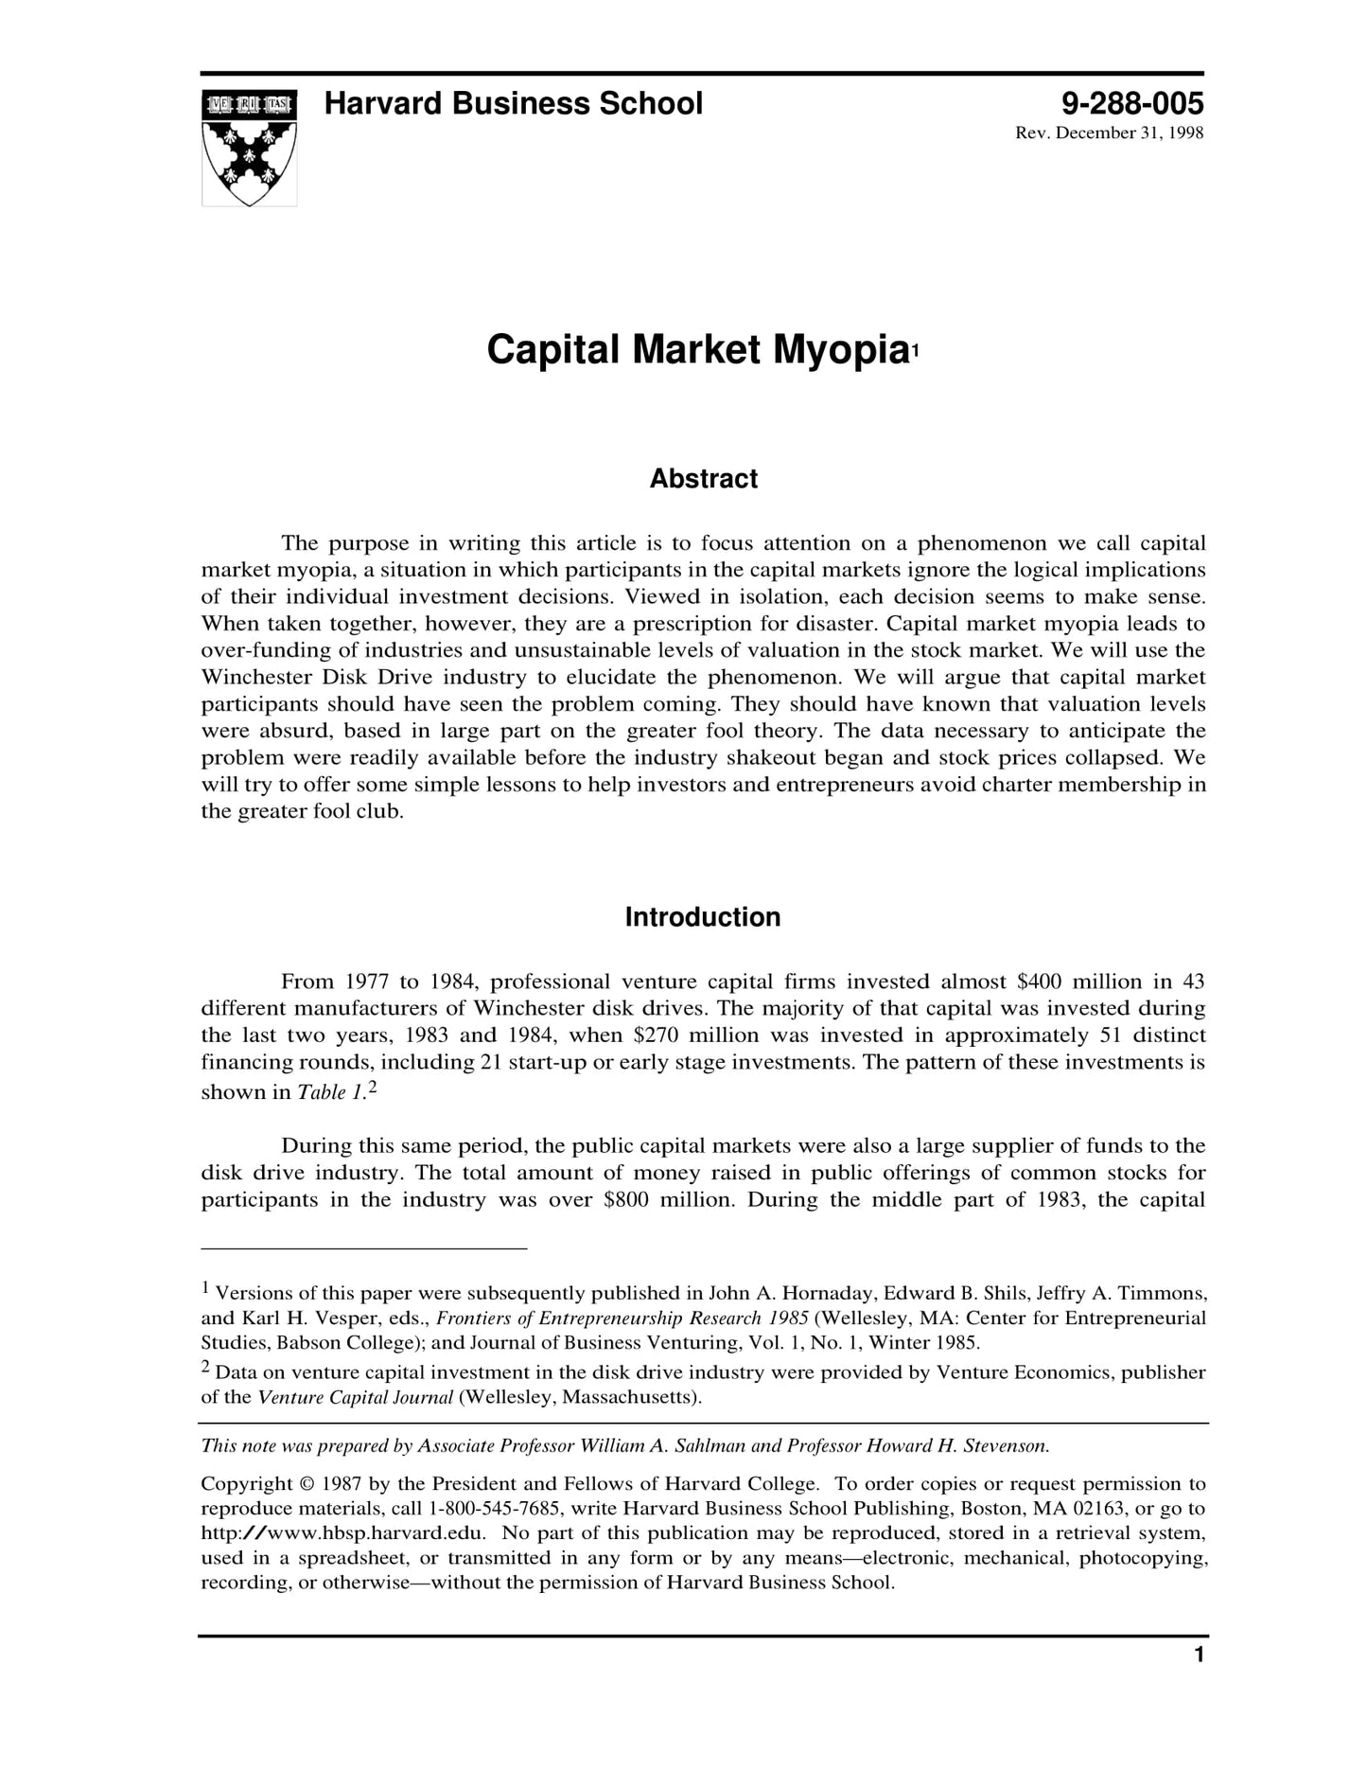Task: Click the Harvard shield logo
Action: (x=249, y=147)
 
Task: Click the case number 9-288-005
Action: (x=1132, y=103)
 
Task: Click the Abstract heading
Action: (x=703, y=479)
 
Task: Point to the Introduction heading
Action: (x=703, y=917)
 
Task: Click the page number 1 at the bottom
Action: (x=1199, y=1681)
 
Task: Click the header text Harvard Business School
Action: (x=513, y=103)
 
